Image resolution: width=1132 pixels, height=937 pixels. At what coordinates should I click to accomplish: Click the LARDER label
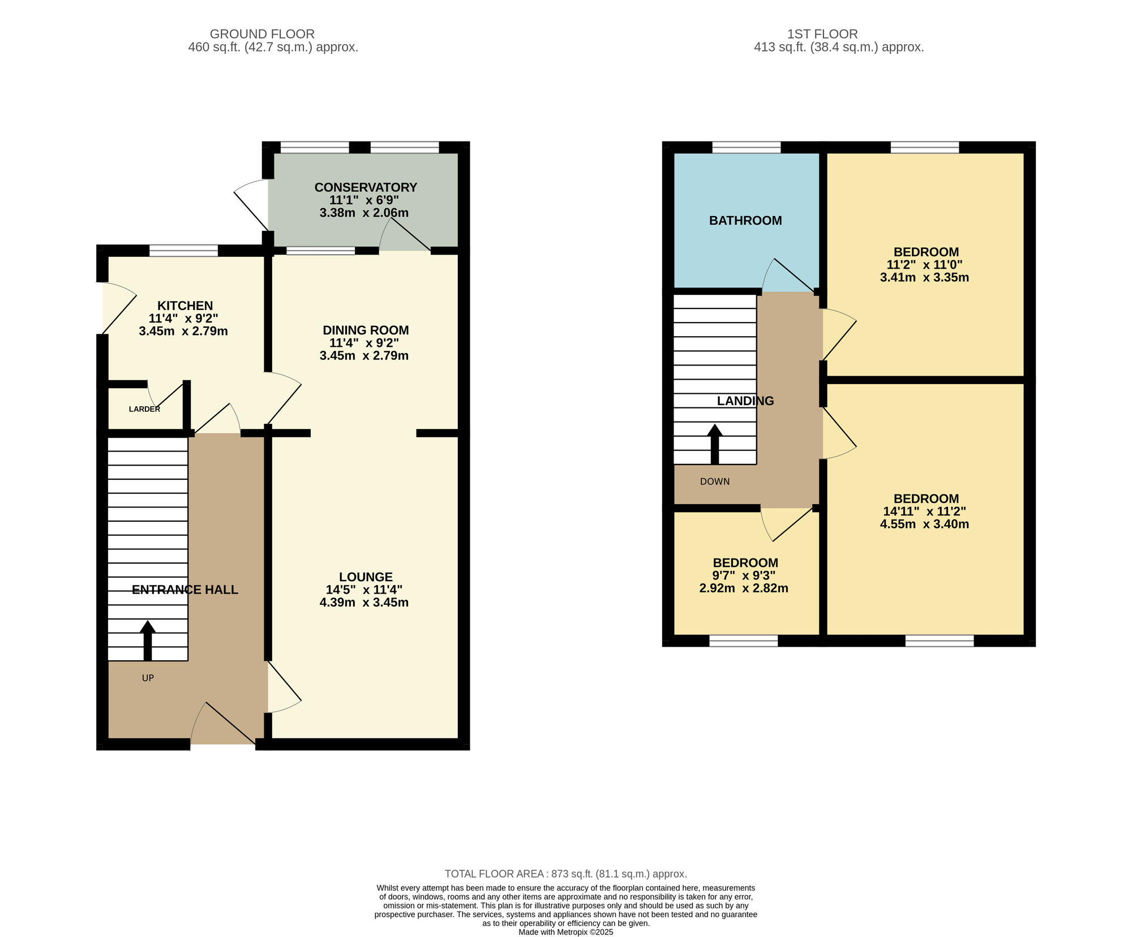tap(144, 409)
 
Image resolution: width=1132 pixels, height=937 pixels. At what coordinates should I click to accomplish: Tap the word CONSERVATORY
tap(366, 187)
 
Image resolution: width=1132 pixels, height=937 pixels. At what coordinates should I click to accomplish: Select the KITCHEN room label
tap(185, 306)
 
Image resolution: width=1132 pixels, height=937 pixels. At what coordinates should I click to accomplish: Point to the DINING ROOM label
tap(366, 330)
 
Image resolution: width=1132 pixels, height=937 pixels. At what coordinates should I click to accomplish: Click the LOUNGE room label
tap(366, 577)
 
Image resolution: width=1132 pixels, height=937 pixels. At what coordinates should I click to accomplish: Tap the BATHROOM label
tap(745, 221)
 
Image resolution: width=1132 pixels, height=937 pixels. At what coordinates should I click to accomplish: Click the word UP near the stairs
tap(148, 678)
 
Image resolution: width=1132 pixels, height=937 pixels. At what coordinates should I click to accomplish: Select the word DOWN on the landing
tap(715, 482)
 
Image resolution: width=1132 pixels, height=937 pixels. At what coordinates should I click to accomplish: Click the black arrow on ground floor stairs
tap(148, 641)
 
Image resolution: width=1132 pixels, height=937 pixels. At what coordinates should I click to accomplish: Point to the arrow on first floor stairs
tap(715, 444)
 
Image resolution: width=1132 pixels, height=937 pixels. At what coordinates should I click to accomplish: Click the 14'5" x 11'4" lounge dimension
tap(364, 590)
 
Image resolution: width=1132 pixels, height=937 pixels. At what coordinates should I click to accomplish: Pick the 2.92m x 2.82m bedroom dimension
tap(744, 588)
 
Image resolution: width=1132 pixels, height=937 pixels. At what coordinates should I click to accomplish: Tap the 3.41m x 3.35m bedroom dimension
tap(924, 277)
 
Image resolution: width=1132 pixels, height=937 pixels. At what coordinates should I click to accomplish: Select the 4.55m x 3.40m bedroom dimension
tap(924, 524)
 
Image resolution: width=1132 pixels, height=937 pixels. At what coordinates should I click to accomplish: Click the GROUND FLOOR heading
tap(262, 34)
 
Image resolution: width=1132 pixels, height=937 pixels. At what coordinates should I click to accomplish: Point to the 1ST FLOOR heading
tap(822, 34)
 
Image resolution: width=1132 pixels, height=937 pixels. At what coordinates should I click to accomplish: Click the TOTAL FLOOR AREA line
tap(566, 874)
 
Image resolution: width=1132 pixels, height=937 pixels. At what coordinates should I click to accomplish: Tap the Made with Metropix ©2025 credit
tap(566, 932)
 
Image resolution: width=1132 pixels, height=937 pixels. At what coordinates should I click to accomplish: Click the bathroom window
tap(746, 148)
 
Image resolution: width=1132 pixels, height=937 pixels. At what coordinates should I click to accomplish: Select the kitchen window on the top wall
tap(183, 251)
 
